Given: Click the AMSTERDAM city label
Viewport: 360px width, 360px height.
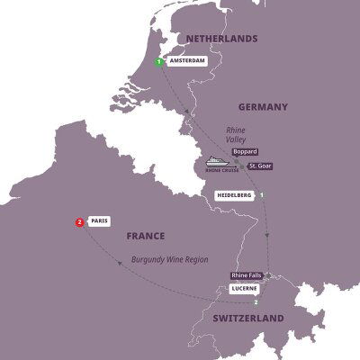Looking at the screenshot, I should point(186,63).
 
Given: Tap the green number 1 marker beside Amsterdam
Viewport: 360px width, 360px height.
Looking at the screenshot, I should point(158,62).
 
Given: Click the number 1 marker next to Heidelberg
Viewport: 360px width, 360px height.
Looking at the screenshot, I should point(262,195).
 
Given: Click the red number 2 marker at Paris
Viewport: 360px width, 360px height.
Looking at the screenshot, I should point(81,222).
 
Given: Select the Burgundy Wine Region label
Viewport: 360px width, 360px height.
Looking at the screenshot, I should point(169,259).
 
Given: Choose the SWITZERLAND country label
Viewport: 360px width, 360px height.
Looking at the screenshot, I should point(248,319).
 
